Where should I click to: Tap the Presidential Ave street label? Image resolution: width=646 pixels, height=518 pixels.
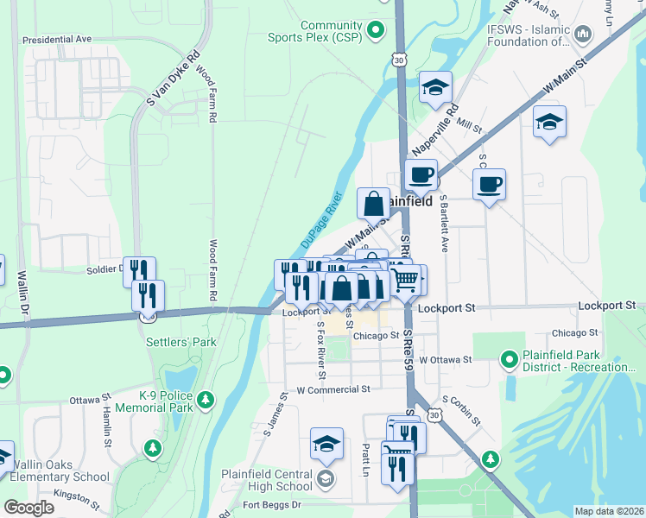[x=57, y=40]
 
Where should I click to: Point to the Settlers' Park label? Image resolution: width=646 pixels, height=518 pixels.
[x=180, y=342]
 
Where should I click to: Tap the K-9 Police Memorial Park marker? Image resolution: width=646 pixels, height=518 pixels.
[x=206, y=399]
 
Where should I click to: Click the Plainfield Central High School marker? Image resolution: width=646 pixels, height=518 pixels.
[x=326, y=479]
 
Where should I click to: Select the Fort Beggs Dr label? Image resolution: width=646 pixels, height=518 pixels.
[x=271, y=504]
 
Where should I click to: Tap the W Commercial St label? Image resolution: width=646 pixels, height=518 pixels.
[x=332, y=390]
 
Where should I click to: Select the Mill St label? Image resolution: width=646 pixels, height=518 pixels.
[x=469, y=126]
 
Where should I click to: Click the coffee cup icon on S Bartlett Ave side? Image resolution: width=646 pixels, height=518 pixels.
[x=489, y=184]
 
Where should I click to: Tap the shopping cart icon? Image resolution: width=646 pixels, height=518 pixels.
[x=407, y=279]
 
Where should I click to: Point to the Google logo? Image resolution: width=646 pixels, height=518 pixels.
[x=28, y=508]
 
